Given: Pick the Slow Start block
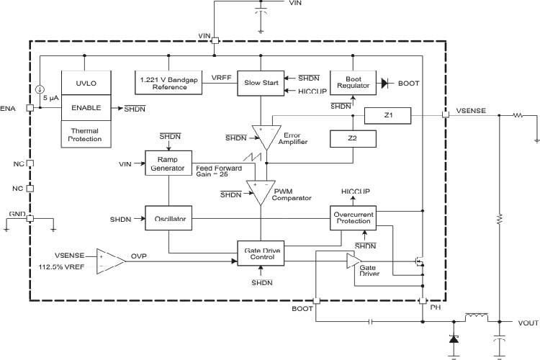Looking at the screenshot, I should (x=260, y=83).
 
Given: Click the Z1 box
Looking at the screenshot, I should (x=387, y=114).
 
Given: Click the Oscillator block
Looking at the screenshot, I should (x=168, y=218).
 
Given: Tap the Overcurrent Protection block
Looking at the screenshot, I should (x=352, y=218).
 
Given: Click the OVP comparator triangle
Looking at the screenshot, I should (x=110, y=261).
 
